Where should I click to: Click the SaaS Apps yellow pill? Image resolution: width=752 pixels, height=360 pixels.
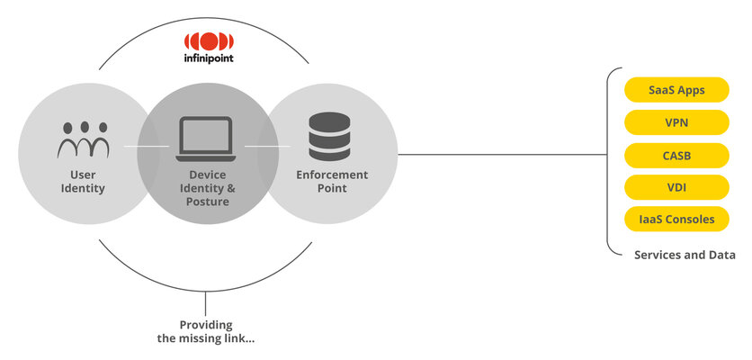(x=676, y=90)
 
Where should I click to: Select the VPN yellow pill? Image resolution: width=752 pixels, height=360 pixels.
(x=676, y=121)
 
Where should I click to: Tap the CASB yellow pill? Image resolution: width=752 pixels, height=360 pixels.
(x=676, y=154)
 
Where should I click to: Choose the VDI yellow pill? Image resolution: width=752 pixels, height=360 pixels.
(x=676, y=186)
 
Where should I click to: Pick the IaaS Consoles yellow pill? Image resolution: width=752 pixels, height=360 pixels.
(x=676, y=219)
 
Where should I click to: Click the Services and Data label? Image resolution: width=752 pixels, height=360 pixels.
(x=684, y=255)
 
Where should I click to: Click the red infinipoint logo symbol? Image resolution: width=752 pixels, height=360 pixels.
(x=209, y=42)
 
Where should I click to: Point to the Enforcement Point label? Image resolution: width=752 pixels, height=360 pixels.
(x=332, y=181)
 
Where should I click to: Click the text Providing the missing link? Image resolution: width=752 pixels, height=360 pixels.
(x=205, y=331)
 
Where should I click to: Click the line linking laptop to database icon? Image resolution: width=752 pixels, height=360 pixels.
(x=262, y=145)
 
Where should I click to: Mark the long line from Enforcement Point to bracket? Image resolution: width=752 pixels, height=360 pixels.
(x=504, y=154)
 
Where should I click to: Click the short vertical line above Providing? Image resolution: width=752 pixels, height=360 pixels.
(x=206, y=302)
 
